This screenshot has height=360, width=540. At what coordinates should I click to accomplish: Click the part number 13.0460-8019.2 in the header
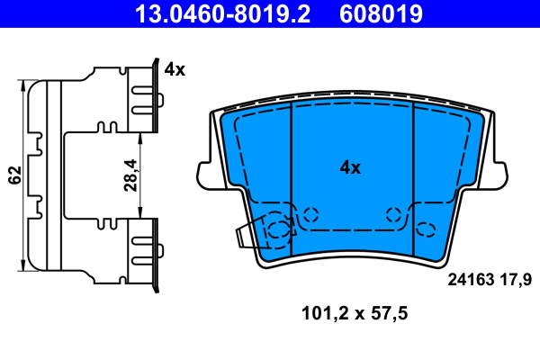click(222, 14)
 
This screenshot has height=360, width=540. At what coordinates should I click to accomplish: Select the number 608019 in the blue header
click(381, 14)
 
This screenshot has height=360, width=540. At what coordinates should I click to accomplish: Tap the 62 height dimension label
click(14, 175)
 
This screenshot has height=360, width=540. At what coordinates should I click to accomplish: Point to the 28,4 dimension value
click(130, 175)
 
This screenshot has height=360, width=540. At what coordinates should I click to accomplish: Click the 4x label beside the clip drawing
click(175, 69)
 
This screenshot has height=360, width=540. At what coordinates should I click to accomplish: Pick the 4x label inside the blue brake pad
click(350, 167)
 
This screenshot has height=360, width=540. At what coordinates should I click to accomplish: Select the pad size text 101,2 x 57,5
click(355, 313)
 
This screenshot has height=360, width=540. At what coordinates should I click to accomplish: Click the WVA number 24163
click(471, 280)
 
